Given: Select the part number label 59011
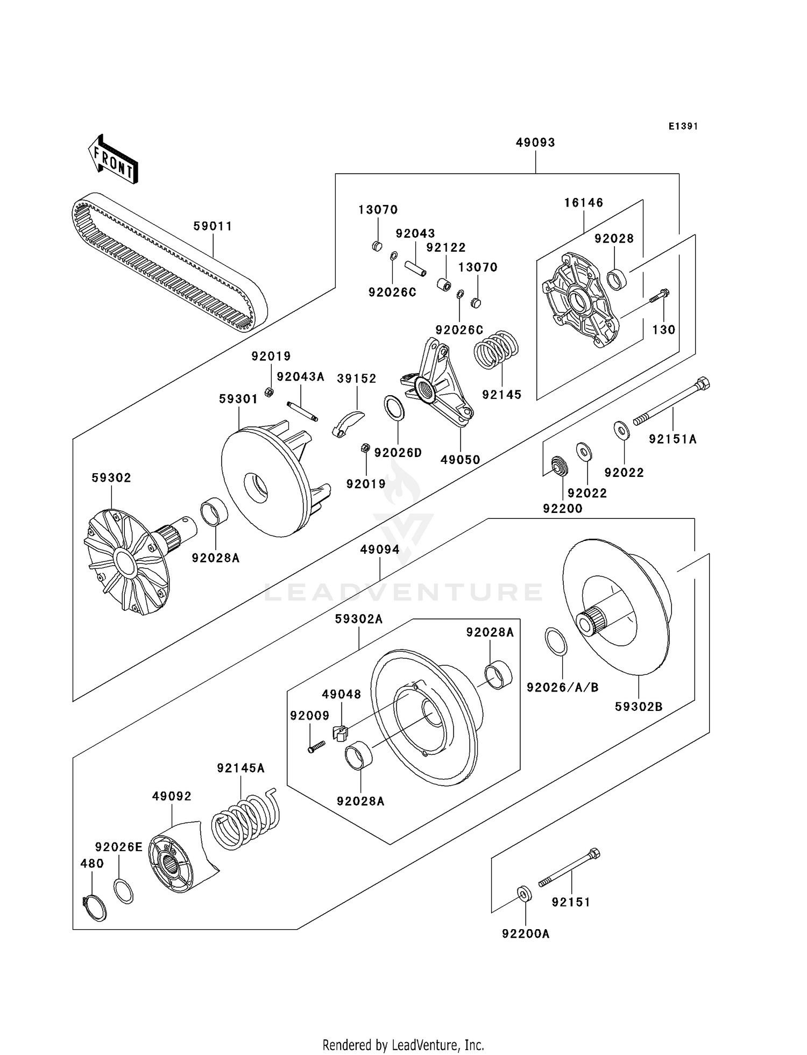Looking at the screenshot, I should pyautogui.click(x=213, y=226).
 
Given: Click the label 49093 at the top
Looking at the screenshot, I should pyautogui.click(x=535, y=142).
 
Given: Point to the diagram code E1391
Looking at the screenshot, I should pyautogui.click(x=683, y=126).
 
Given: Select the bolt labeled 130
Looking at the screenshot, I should pyautogui.click(x=660, y=296).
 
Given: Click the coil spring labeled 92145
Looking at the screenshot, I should pyautogui.click(x=495, y=350).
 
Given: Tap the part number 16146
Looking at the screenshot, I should pyautogui.click(x=584, y=203).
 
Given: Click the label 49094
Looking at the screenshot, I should pyautogui.click(x=380, y=550).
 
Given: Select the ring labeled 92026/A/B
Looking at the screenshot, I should pyautogui.click(x=556, y=641).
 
